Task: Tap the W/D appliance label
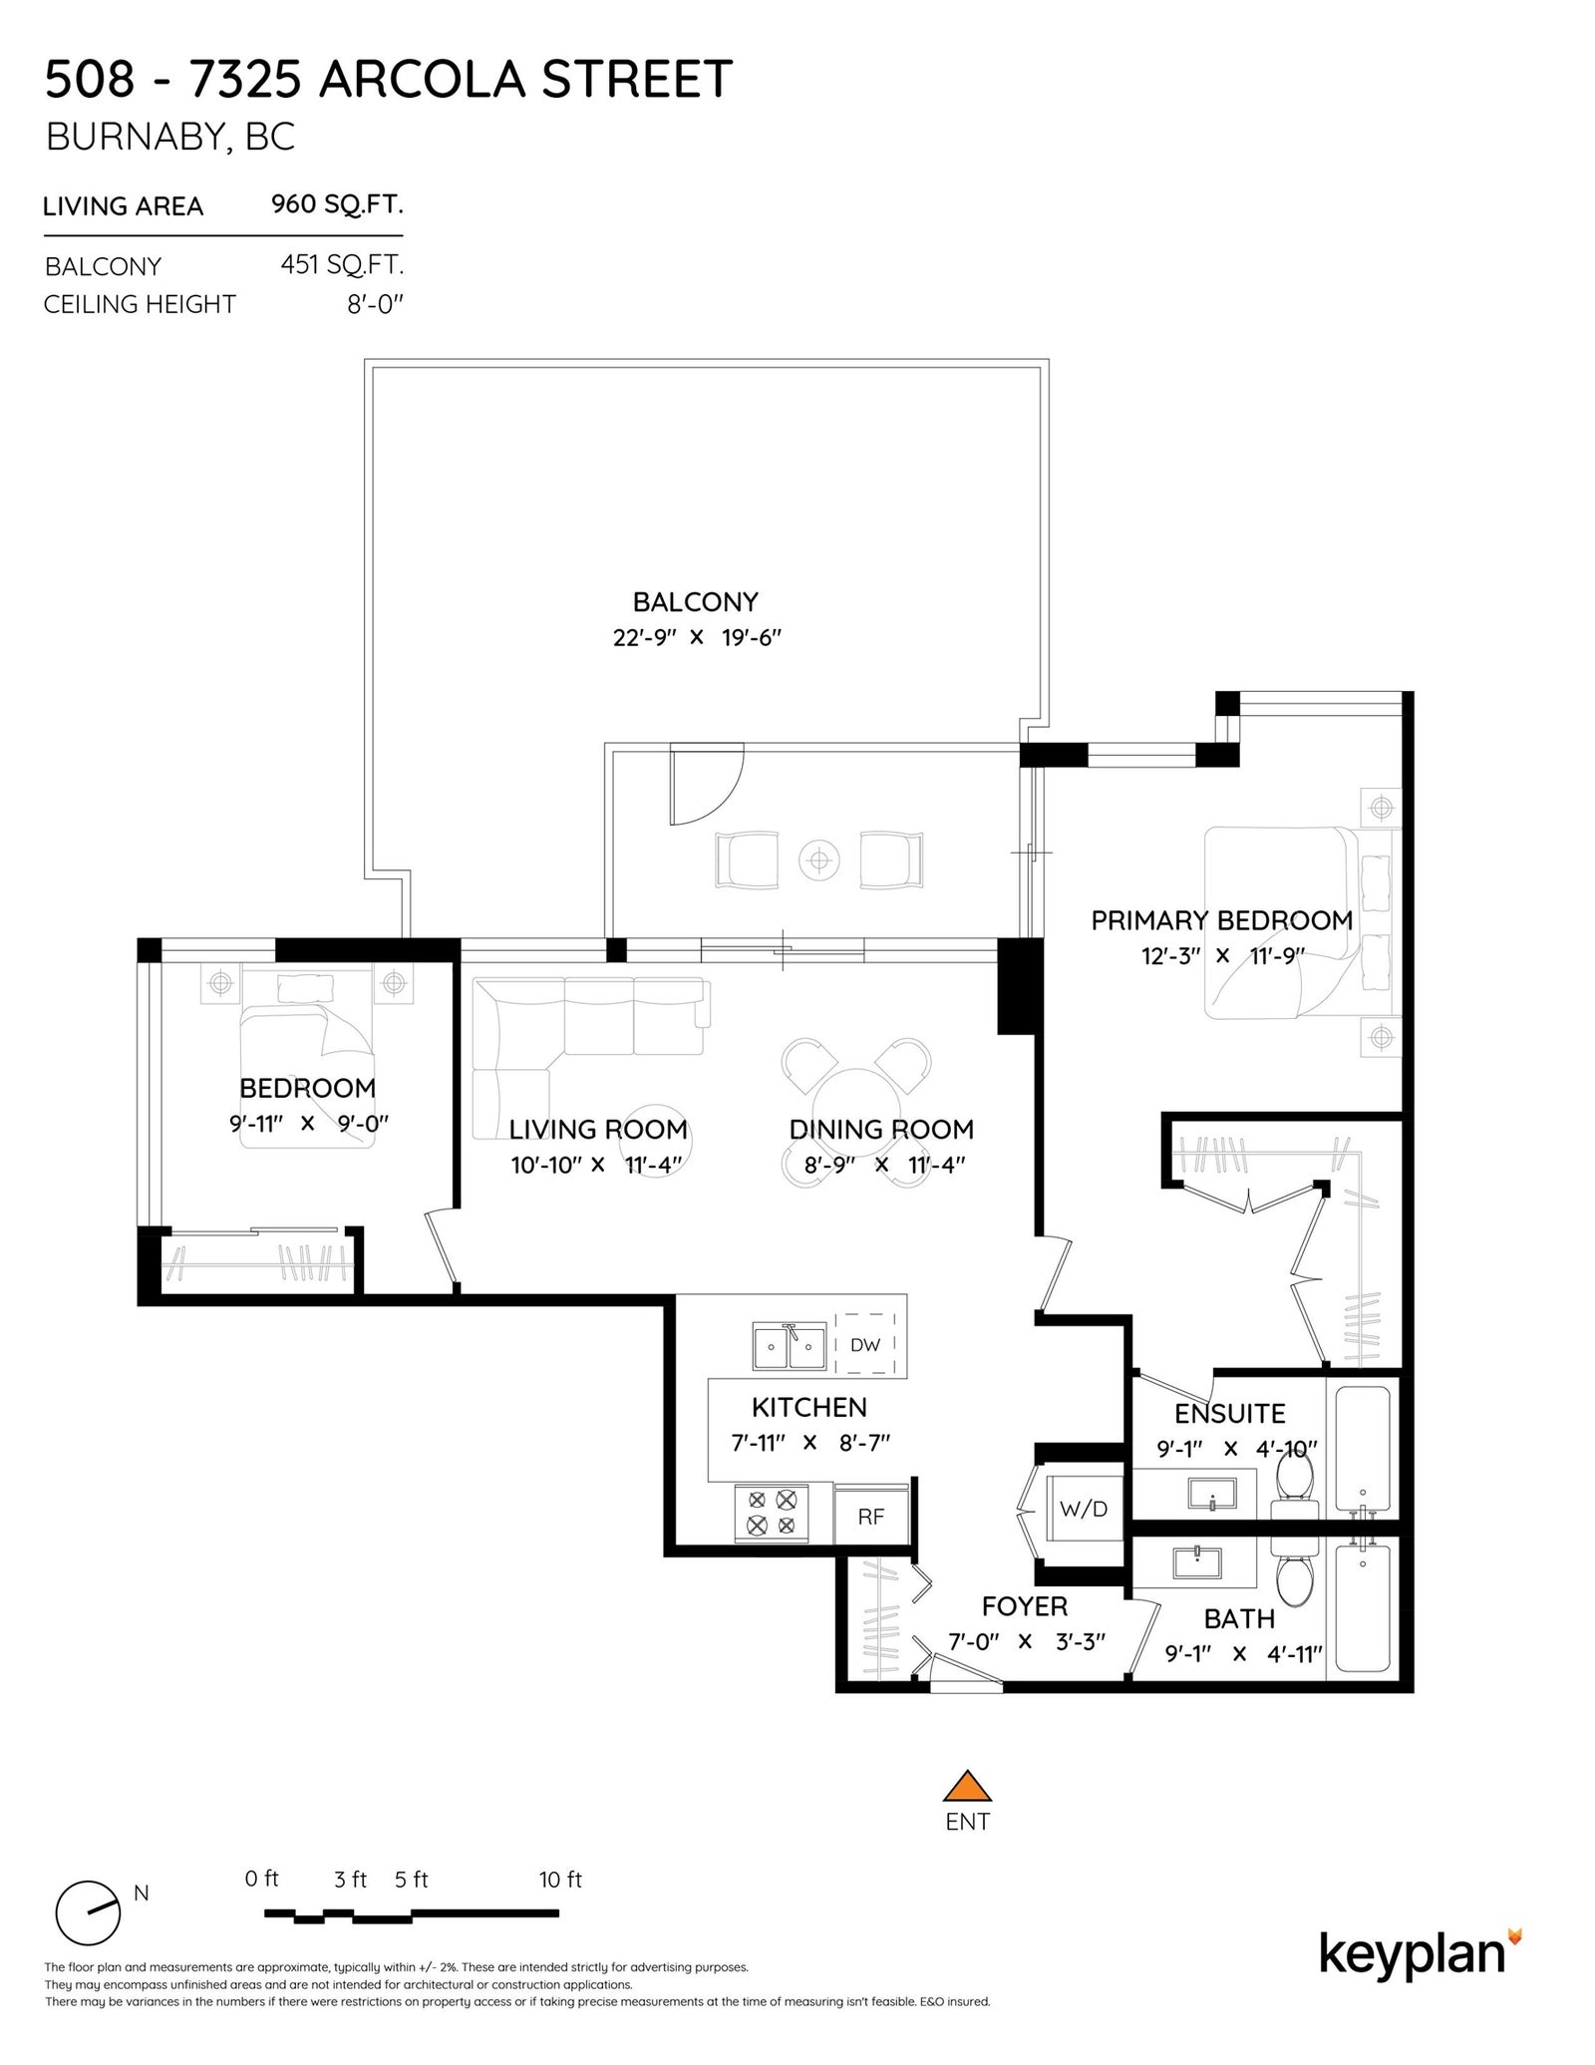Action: pos(1084,1509)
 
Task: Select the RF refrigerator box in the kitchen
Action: pos(871,1515)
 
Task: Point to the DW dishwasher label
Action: pos(865,1344)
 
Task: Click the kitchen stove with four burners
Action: pos(772,1512)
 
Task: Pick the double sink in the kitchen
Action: pos(790,1346)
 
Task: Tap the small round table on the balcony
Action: pos(818,859)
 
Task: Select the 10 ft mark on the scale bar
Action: pos(560,1880)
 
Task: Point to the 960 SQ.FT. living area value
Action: pos(337,204)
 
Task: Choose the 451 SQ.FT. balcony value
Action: pos(342,265)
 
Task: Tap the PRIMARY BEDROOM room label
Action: pos(1222,920)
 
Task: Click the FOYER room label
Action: pos(1024,1606)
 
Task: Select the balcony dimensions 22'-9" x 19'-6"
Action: pos(697,637)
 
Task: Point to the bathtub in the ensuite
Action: pos(1363,1446)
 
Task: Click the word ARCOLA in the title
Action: pos(422,80)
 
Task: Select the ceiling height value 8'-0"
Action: pos(375,304)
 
